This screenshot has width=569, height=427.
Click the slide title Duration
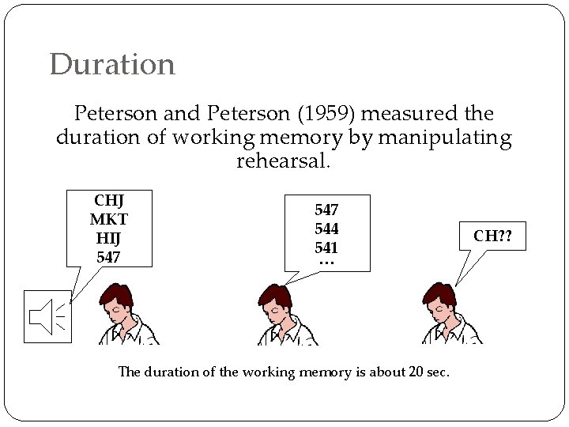tap(111, 65)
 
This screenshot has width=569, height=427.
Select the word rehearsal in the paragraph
tap(282, 162)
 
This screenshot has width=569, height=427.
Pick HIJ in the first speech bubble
tap(108, 237)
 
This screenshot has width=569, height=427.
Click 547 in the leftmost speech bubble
tap(108, 257)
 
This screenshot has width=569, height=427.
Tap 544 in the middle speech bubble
tap(326, 229)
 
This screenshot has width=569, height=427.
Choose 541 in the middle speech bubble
tap(326, 246)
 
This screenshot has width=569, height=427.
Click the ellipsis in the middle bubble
tap(326, 262)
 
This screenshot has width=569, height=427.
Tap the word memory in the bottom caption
tap(325, 371)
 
